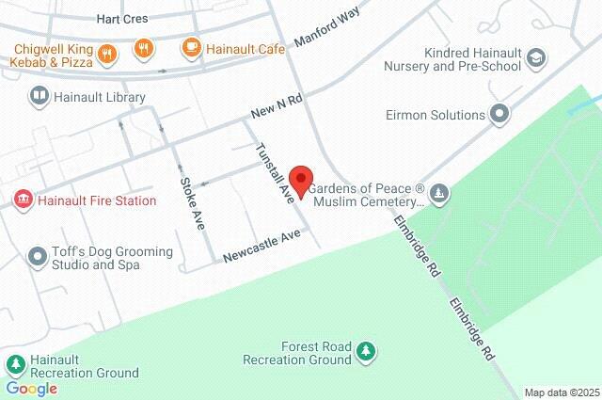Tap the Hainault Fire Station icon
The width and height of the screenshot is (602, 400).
(x=22, y=200)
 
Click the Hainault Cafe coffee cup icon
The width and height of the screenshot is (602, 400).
(x=191, y=47)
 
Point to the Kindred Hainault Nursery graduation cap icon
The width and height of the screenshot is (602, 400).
(x=536, y=58)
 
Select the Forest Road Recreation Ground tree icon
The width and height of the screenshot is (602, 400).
(x=366, y=352)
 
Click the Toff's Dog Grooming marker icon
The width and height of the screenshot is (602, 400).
(x=38, y=257)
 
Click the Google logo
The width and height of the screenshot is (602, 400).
(x=31, y=388)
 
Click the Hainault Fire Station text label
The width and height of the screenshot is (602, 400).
(x=83, y=200)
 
